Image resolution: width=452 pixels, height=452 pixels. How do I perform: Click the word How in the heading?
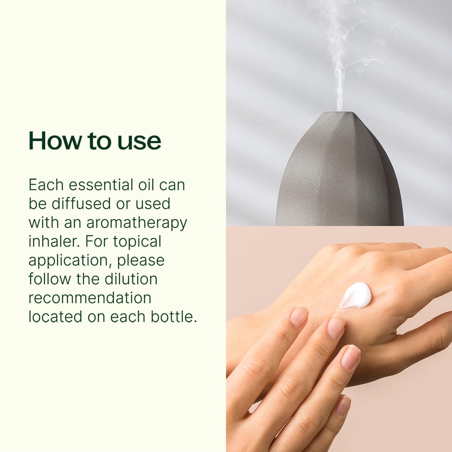pos(55,141)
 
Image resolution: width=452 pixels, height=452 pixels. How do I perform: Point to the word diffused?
pos(81,203)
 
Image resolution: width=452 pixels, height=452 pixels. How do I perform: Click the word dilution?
pos(131,279)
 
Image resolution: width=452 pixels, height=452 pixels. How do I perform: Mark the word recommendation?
pos(90,298)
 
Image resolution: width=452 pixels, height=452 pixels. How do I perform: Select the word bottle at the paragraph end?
pos(174,316)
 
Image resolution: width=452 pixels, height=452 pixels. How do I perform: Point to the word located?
pos(55,316)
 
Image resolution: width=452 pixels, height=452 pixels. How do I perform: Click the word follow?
pos(49,279)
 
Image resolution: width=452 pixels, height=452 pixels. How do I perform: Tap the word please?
pos(141,261)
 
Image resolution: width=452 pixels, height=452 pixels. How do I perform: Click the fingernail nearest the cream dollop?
pos(336,328)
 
